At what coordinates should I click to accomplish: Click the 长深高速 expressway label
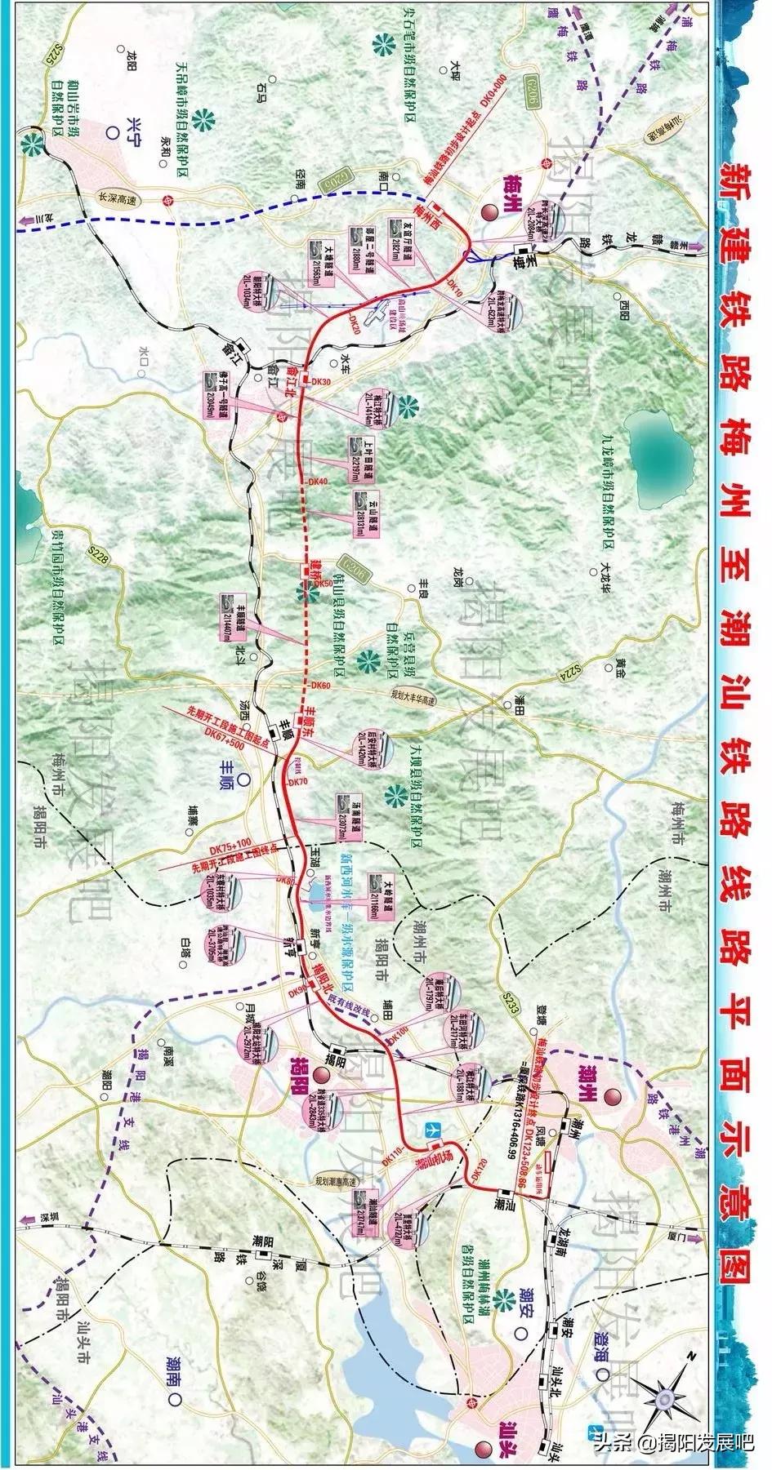tap(115, 196)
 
